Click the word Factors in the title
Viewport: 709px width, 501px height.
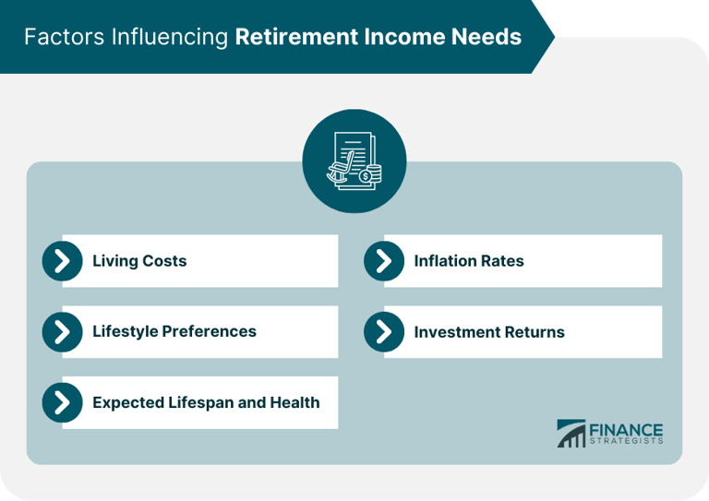click(x=57, y=37)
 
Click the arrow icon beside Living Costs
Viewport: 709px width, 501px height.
click(x=63, y=261)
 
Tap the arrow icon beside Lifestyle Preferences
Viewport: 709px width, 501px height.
click(x=63, y=331)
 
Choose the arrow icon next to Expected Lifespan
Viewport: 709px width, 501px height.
click(x=63, y=402)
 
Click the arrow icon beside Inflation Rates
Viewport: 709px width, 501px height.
click(x=384, y=261)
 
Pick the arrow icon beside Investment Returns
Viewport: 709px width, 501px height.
click(x=384, y=332)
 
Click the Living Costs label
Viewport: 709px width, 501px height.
click(x=139, y=261)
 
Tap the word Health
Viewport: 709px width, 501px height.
click(x=294, y=402)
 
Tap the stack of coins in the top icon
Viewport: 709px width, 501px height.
click(x=370, y=173)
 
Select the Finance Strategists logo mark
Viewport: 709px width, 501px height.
click(x=571, y=434)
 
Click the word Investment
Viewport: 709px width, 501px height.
click(x=455, y=332)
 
